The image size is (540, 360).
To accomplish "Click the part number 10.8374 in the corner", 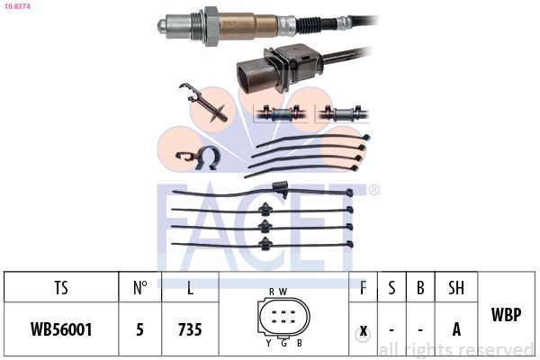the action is click(x=17, y=6).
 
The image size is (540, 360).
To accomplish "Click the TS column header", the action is click(x=61, y=287).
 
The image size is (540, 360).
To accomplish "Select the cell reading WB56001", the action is click(x=61, y=329).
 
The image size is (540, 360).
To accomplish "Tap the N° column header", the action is click(x=140, y=287).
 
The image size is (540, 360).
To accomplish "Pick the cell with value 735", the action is click(x=190, y=329).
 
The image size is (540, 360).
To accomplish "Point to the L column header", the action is click(x=190, y=287).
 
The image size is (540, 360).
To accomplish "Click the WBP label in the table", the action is click(x=506, y=314).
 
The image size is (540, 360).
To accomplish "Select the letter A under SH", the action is click(x=456, y=329).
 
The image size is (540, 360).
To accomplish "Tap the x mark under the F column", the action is click(x=364, y=330).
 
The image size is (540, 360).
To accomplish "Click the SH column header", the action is click(x=456, y=287).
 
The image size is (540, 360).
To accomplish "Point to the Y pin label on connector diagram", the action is click(x=268, y=343).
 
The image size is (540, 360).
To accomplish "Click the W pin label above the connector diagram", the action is click(x=283, y=292).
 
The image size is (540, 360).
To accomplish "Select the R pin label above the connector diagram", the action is click(x=272, y=292).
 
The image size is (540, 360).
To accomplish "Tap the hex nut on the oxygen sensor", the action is click(x=211, y=26).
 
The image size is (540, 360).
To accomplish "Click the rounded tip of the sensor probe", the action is click(x=161, y=25).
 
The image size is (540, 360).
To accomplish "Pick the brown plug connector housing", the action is click(x=278, y=67).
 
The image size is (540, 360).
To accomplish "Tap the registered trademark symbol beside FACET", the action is click(x=373, y=190).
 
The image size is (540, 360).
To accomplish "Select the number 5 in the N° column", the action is click(x=139, y=329).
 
